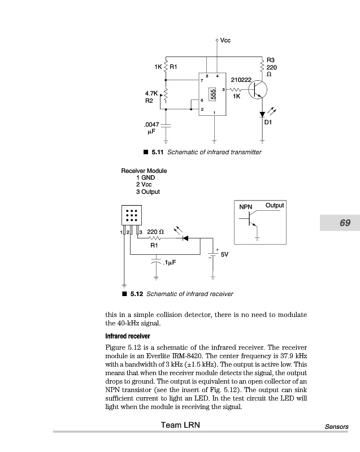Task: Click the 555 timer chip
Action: [x=213, y=94]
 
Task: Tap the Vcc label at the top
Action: [x=225, y=40]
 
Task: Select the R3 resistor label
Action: [x=270, y=60]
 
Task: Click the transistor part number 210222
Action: [x=241, y=80]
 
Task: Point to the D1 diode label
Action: [x=268, y=121]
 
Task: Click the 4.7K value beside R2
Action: [x=151, y=93]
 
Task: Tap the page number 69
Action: [x=345, y=223]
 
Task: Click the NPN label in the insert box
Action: [x=246, y=207]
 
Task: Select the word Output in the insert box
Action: [x=275, y=206]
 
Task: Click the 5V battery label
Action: [x=224, y=255]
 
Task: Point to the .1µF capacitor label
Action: [x=169, y=263]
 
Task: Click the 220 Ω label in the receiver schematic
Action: [x=155, y=232]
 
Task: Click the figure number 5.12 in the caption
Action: [x=137, y=294]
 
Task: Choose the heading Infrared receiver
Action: [x=127, y=336]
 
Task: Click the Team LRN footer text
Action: [x=180, y=425]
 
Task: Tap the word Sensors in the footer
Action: [x=337, y=427]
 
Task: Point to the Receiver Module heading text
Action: [x=144, y=171]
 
